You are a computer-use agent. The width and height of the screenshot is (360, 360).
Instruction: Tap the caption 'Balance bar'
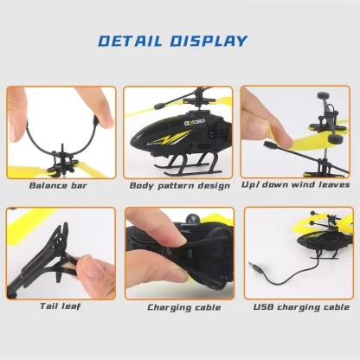point(60,185)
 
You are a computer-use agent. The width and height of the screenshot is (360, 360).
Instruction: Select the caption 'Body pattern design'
point(180,185)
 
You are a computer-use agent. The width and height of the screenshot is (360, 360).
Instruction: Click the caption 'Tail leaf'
point(60,306)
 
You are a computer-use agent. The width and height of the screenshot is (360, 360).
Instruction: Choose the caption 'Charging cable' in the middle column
point(180,307)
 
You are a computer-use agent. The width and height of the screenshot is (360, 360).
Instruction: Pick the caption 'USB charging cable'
point(299,307)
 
